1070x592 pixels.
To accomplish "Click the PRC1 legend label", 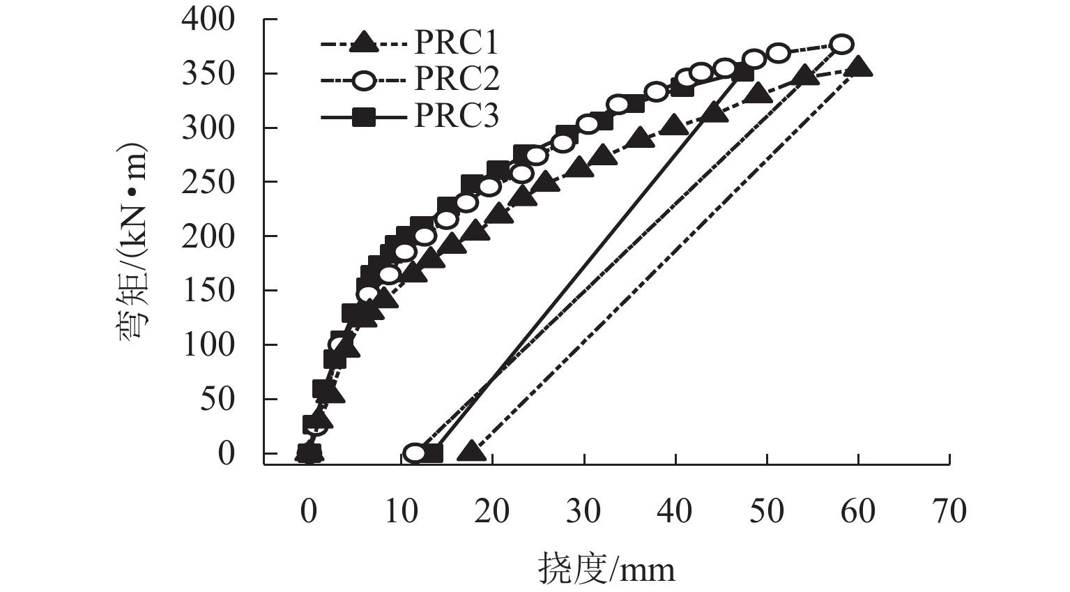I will (457, 44).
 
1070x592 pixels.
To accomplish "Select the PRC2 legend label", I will (457, 79).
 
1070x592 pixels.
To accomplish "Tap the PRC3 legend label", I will (457, 116).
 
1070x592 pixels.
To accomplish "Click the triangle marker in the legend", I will (362, 44).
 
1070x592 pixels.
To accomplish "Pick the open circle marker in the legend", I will (362, 80).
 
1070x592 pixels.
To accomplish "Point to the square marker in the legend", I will (362, 118).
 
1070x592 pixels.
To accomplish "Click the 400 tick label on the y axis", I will (209, 20).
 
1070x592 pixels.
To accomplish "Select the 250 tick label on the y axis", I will (209, 182).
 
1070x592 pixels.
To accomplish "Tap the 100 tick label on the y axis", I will (209, 344).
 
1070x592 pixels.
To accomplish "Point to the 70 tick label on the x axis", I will (949, 511).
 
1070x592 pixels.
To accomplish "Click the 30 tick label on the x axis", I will (583, 511).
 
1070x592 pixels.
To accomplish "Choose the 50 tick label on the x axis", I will (767, 511).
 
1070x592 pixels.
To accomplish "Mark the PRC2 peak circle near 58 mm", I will (842, 44).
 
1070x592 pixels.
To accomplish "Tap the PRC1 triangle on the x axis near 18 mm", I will (472, 451).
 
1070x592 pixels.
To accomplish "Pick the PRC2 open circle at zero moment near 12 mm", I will (414, 453).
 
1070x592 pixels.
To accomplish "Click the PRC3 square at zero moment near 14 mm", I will (433, 453).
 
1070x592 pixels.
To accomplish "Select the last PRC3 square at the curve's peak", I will (744, 73).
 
